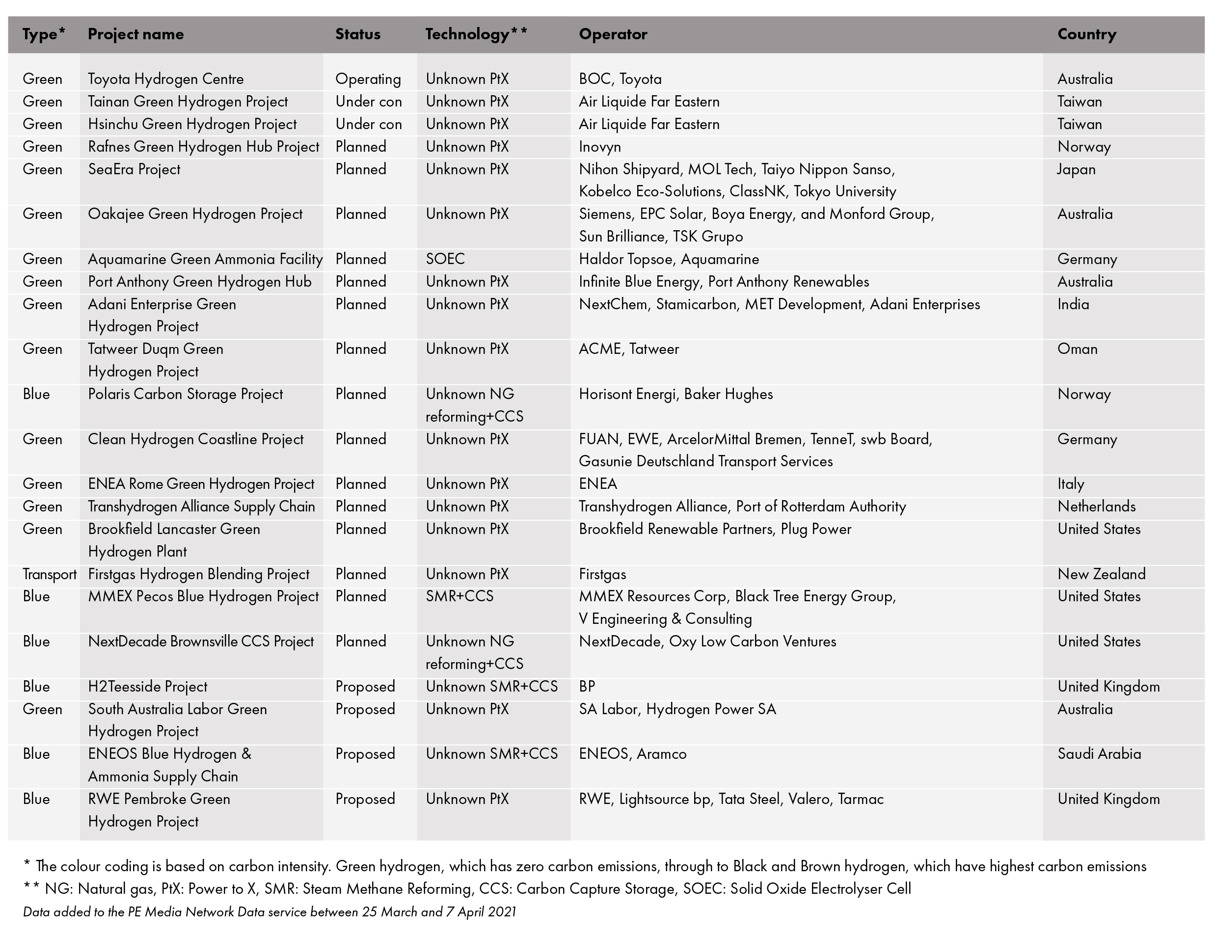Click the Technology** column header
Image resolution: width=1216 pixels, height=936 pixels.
[x=476, y=34]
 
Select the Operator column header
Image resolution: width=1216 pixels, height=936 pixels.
[x=613, y=34]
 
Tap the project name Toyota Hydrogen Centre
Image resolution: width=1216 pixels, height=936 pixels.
[x=165, y=79]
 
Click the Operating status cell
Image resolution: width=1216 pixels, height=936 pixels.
[x=368, y=79]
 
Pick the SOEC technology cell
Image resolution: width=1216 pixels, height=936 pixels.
[x=445, y=259]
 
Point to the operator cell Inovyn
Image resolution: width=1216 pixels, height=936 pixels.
[x=599, y=147]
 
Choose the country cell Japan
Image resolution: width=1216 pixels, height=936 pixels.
[x=1076, y=169]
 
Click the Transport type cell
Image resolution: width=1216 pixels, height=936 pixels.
[x=50, y=574]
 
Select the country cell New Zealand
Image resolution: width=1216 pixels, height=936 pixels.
[x=1101, y=574]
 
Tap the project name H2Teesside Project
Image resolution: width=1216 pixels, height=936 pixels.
[x=148, y=687]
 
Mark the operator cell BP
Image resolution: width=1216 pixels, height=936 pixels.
[x=587, y=687]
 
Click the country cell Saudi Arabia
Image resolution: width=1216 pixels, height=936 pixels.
[x=1099, y=754]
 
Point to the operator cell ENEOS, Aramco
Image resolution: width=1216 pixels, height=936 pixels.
[x=632, y=754]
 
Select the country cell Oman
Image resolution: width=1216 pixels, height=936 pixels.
[x=1078, y=349]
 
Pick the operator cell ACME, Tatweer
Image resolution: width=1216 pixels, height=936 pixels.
[x=628, y=349]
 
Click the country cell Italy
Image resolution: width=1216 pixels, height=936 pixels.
[x=1071, y=484]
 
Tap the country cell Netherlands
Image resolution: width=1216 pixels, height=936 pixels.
[x=1096, y=507]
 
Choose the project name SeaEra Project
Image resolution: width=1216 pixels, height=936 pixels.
[x=134, y=169]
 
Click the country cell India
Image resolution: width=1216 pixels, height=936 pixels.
[x=1073, y=304]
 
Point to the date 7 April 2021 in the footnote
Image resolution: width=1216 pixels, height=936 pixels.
[x=481, y=912]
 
